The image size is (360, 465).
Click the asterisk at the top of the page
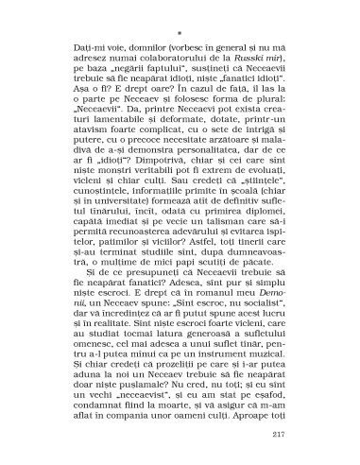[179, 14]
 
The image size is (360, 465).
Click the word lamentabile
[115, 108]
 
